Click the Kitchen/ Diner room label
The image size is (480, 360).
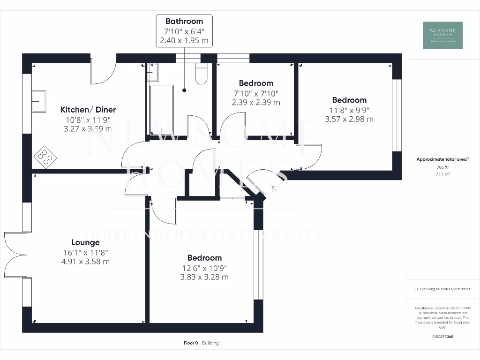[x=88, y=110]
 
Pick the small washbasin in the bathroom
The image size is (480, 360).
[x=153, y=73]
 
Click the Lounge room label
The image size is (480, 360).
[x=85, y=242]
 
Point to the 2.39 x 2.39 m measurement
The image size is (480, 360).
[x=256, y=102]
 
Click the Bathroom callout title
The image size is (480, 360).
[x=184, y=21]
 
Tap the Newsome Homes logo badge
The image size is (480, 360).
[x=442, y=35]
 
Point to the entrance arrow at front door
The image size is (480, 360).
[x=274, y=188]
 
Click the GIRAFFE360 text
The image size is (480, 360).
[x=443, y=337]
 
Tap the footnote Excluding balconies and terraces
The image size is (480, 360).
[x=442, y=289]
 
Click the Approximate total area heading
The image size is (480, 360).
[x=442, y=159]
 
